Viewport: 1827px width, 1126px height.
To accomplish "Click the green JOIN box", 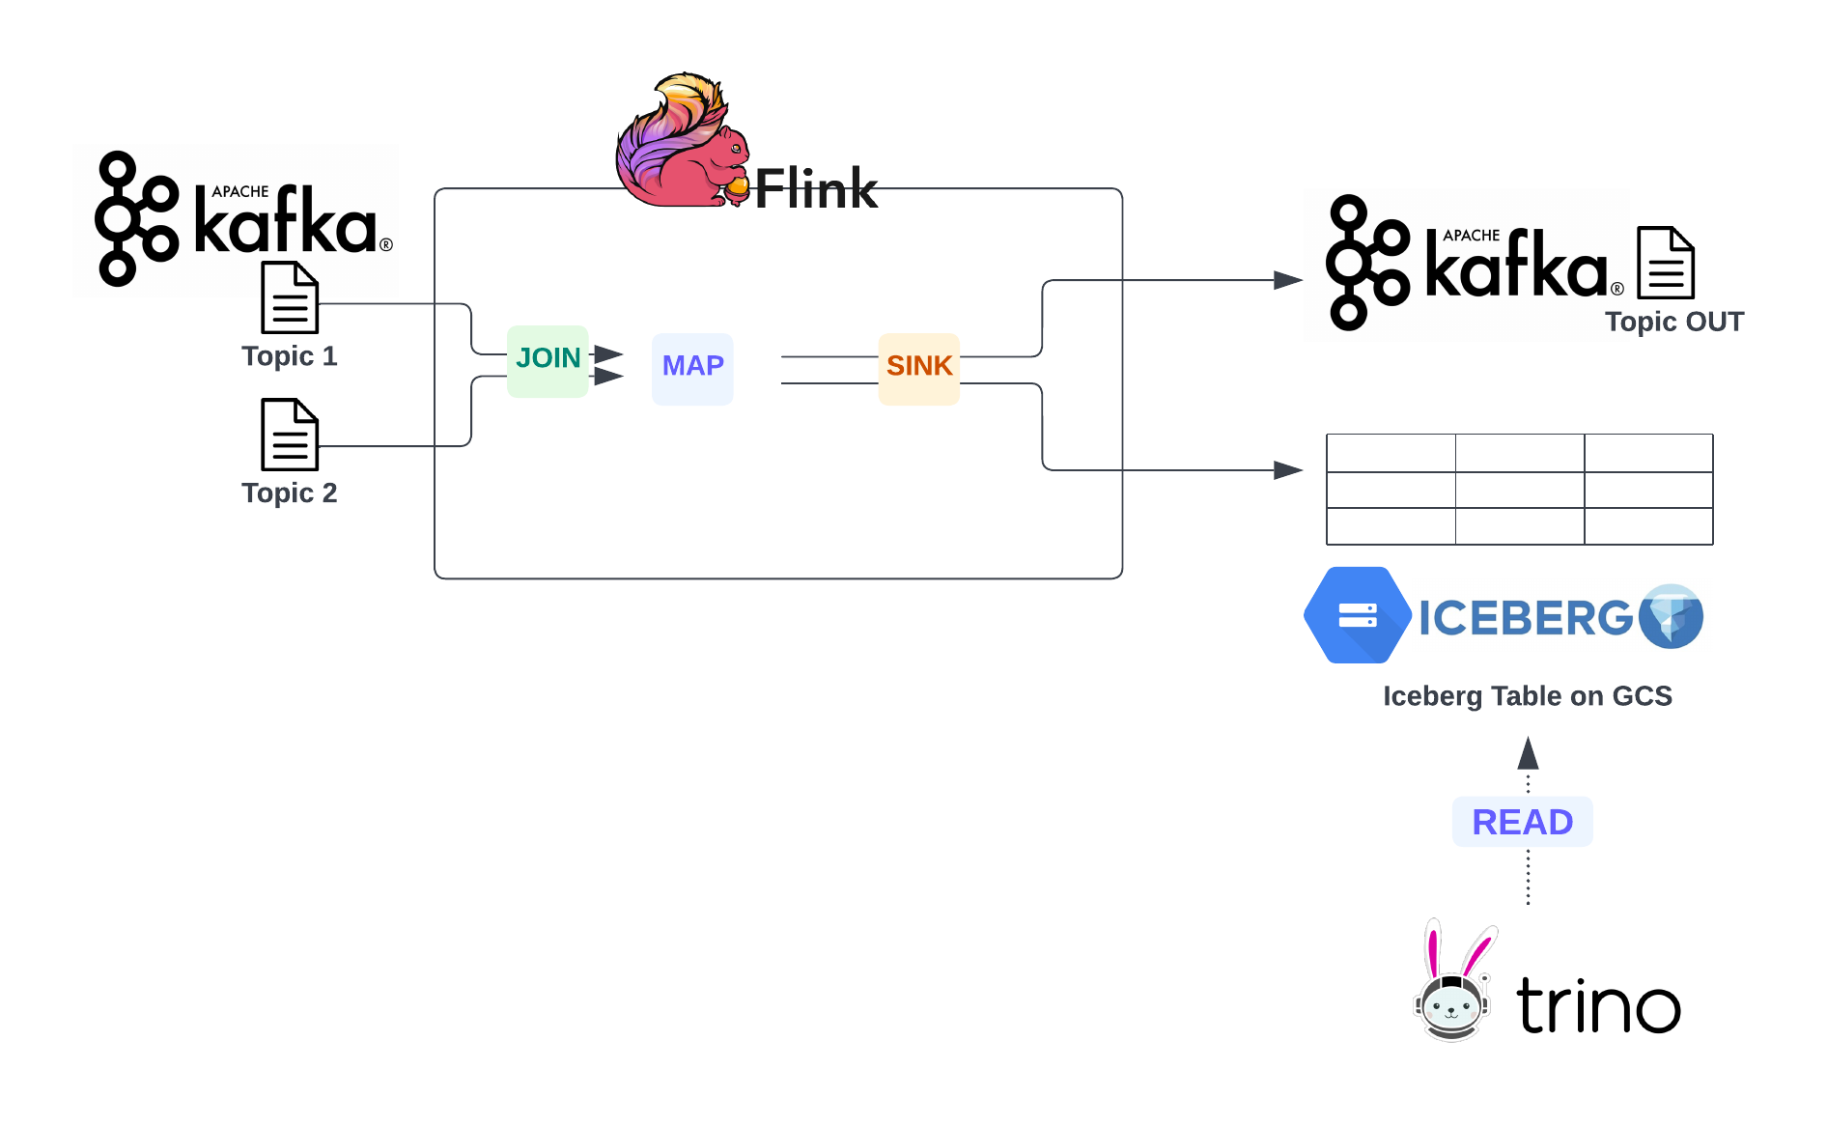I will (548, 360).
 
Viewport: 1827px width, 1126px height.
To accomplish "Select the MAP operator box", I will (692, 368).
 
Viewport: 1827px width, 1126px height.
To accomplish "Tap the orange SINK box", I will (918, 368).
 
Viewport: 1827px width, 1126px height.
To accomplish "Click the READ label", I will (1522, 822).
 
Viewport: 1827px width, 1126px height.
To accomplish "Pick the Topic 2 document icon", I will (290, 435).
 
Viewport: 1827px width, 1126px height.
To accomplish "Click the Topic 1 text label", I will (290, 356).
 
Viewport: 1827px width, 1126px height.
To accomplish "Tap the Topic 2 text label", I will (290, 493).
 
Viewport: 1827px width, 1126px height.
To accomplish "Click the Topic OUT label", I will (1674, 322).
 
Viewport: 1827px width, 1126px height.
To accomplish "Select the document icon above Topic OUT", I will (1666, 263).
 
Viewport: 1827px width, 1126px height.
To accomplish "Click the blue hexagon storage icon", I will (1357, 615).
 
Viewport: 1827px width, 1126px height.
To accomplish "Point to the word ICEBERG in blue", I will (1525, 618).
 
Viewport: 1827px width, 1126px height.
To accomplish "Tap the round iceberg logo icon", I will (1672, 616).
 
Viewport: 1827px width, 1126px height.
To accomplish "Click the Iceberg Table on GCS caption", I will (1528, 696).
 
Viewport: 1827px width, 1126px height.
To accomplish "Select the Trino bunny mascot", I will (1452, 985).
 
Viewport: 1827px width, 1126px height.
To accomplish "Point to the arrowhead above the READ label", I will (1528, 753).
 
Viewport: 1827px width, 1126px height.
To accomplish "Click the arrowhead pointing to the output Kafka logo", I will (1288, 280).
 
